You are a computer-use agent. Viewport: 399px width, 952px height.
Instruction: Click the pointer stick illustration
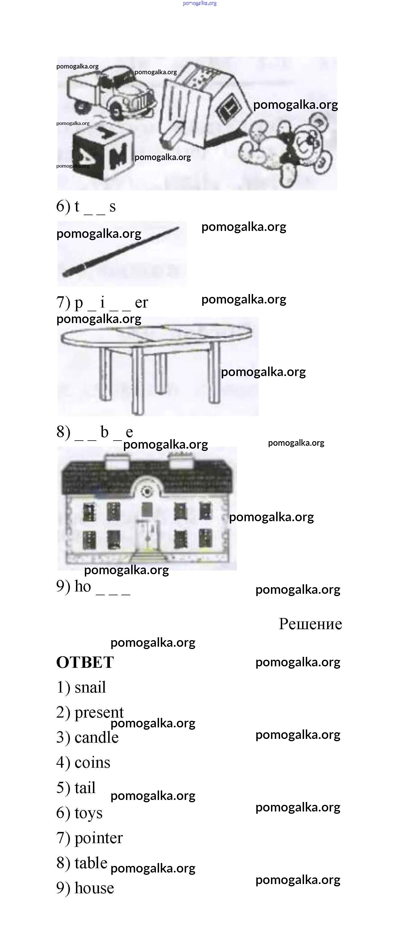tap(121, 252)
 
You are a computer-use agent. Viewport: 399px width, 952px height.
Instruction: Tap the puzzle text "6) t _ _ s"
tap(86, 206)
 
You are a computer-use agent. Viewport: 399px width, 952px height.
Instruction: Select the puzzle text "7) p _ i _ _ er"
tap(102, 303)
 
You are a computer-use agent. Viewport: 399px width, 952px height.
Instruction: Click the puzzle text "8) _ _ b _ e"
tap(94, 432)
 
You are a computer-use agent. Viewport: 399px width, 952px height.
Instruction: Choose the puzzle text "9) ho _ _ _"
tap(93, 587)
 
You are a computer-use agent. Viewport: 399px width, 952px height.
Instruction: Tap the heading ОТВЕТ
tap(85, 662)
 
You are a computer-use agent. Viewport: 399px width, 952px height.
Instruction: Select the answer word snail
tap(90, 687)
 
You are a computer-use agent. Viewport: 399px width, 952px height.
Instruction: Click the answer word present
tap(99, 712)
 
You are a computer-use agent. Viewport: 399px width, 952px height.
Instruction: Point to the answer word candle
tap(96, 737)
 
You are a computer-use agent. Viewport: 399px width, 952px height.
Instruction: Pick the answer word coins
tap(92, 763)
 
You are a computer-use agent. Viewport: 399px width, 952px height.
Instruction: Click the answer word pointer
tap(99, 838)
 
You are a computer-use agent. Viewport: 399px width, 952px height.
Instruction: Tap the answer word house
tap(94, 888)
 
